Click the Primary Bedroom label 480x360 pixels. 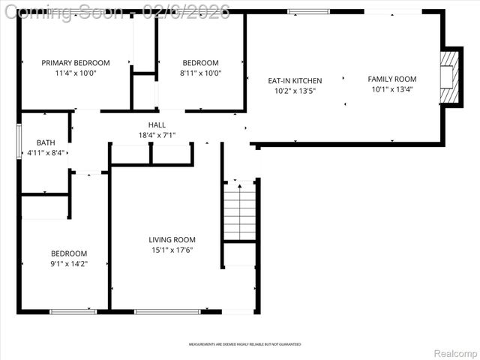[75, 63]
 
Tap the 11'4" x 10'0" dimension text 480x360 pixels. [75, 73]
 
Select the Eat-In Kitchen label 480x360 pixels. [295, 81]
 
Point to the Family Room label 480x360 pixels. [391, 79]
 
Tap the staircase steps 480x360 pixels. [241, 210]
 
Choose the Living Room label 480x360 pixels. [172, 240]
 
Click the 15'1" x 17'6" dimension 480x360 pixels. [172, 250]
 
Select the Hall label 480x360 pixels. [157, 125]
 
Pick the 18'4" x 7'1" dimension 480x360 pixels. [157, 136]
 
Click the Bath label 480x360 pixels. [45, 142]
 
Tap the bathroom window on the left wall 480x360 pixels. [19, 141]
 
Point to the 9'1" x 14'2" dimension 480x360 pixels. [69, 264]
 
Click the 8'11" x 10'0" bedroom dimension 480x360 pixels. [200, 73]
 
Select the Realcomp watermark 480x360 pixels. [452, 352]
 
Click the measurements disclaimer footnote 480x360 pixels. [240, 344]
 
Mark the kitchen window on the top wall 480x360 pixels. [308, 11]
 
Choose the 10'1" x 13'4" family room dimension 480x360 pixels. [391, 89]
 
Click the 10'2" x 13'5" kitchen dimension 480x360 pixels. [295, 91]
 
